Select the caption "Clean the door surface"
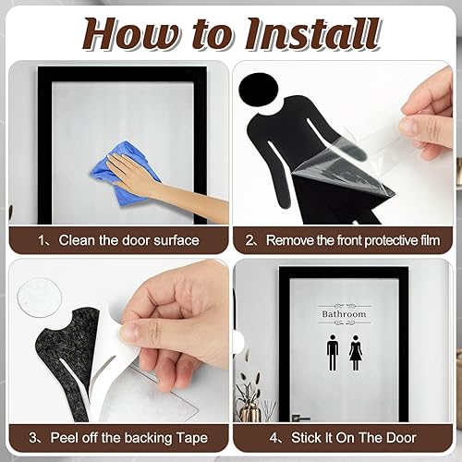point(128,240)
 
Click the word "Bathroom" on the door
point(344,314)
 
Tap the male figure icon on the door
point(331,352)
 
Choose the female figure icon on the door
point(356,352)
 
